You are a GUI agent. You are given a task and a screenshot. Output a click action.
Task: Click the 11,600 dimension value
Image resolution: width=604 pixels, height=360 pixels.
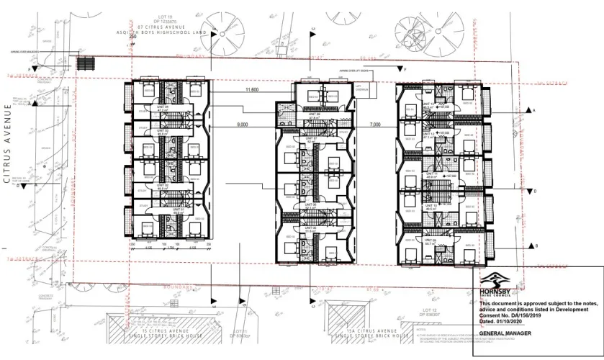[252, 90]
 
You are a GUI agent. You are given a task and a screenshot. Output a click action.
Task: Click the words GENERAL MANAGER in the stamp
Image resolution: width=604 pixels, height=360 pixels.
[505, 334]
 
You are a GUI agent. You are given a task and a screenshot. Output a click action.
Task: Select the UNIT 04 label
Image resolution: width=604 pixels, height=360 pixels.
[162, 107]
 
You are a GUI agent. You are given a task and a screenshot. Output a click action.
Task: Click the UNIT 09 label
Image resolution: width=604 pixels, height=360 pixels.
[430, 241]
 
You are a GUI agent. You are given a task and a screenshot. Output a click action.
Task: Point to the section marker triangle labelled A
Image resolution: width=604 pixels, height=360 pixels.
[528, 109]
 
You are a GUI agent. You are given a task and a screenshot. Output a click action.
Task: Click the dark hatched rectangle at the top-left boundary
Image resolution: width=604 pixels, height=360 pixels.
[86, 63]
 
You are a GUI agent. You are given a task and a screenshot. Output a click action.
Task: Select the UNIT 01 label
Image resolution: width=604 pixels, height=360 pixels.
[162, 210]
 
